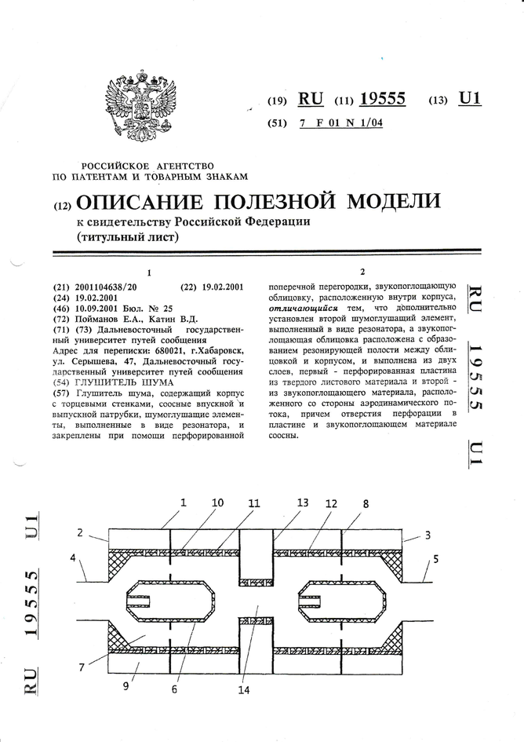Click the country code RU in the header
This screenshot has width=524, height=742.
coord(311,99)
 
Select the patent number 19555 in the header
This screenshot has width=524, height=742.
coord(382,99)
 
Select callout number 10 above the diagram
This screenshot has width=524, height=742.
coord(217,502)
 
